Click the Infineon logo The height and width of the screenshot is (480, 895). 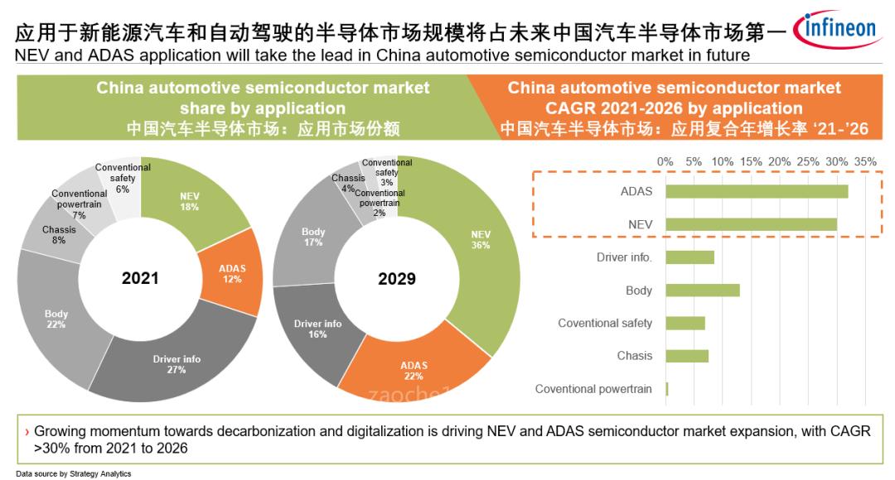pos(836,30)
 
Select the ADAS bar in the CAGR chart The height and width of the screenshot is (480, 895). pos(756,191)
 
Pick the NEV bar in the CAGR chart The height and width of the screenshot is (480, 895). pos(751,224)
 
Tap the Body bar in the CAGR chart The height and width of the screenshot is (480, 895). pos(702,290)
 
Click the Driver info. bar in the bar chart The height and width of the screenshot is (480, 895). pos(689,257)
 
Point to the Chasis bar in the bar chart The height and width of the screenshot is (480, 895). pos(687,356)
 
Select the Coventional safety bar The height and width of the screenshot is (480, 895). pos(685,323)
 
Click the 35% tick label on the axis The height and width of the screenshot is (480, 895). pos(865,162)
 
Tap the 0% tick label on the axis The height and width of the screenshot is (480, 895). pos(665,162)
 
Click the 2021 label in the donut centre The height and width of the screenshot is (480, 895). pos(139,278)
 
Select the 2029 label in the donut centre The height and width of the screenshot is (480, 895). pos(396,279)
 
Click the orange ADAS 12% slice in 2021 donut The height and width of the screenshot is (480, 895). pos(231,274)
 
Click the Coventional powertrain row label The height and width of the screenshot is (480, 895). pos(593,389)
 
